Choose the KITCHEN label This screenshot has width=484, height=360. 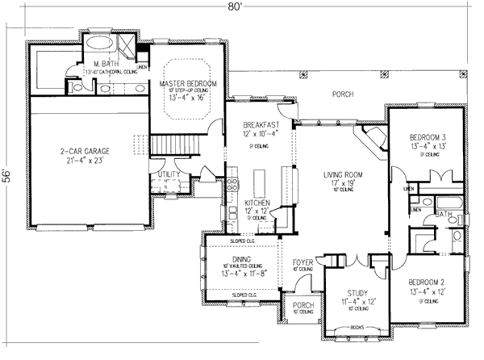click(258, 203)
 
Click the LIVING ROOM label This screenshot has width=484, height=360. click(343, 174)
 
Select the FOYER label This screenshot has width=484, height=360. click(303, 262)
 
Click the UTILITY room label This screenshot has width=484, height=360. click(168, 174)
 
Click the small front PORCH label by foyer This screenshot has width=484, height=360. click(302, 305)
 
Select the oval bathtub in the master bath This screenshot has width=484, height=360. click(101, 44)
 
